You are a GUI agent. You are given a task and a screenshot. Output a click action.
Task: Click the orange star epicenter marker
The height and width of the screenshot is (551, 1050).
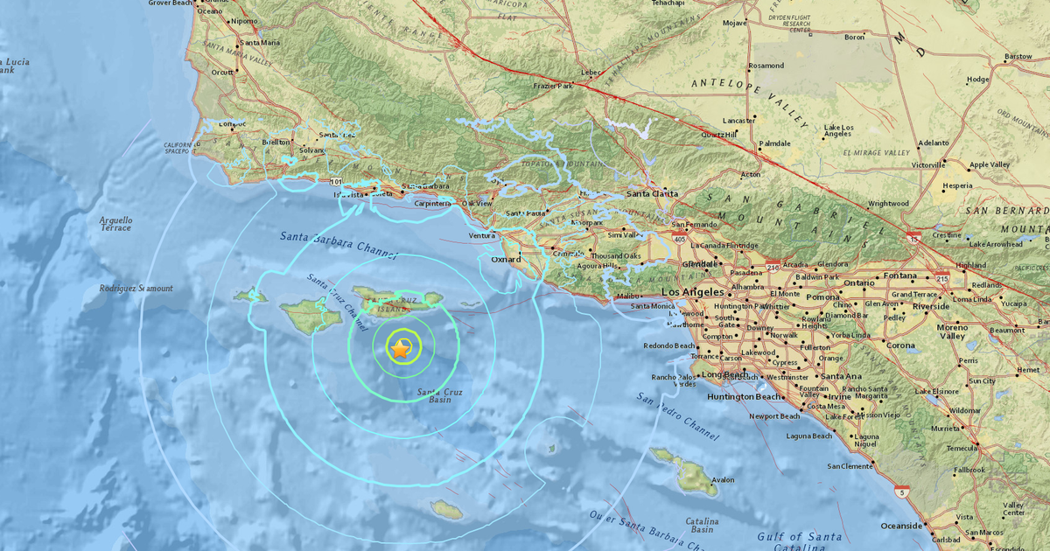(400, 350)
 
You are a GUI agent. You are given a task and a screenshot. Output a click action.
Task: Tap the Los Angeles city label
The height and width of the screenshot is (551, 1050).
(693, 292)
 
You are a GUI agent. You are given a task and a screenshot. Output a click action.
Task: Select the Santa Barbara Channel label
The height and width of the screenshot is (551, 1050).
(339, 247)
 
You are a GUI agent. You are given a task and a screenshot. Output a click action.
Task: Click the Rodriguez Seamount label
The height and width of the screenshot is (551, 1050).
(136, 289)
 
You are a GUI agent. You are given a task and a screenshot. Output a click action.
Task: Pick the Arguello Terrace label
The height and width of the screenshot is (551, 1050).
(115, 224)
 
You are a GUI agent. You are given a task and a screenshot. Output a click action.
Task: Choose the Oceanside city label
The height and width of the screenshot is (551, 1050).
(901, 526)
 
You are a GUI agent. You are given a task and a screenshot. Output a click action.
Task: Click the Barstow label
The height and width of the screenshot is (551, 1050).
(1018, 57)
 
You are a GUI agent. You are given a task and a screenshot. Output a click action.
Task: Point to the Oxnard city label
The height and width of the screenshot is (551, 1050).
(505, 260)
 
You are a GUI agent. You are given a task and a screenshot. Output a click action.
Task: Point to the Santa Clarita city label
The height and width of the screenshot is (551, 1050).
(647, 195)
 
